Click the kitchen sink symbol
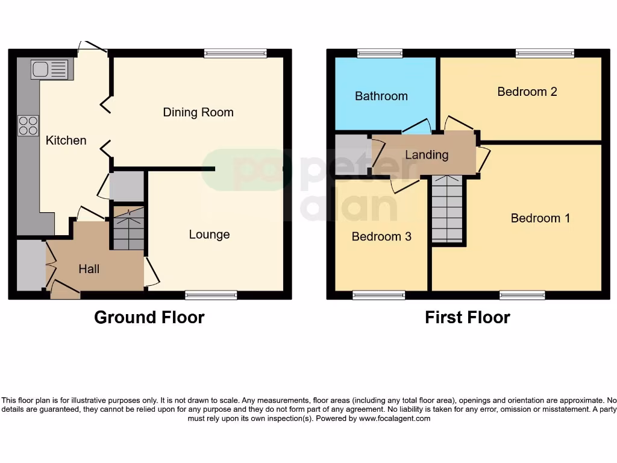pos(51,70)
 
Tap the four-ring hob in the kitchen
pos(28,125)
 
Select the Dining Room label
pos(198,112)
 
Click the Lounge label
pos(209,235)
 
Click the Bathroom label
pos(381,96)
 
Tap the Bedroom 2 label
pos(527,92)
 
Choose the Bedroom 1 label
pos(540,218)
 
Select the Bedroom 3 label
pos(381,236)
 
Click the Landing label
pos(427,155)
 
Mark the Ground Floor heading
pos(149,317)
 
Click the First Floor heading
pos(467,317)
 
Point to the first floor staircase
pos(447,209)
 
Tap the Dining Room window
pos(235,54)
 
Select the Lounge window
pos(211,295)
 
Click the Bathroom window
pos(380,54)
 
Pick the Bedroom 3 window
pos(378,295)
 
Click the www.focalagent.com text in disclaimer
pos(395,418)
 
